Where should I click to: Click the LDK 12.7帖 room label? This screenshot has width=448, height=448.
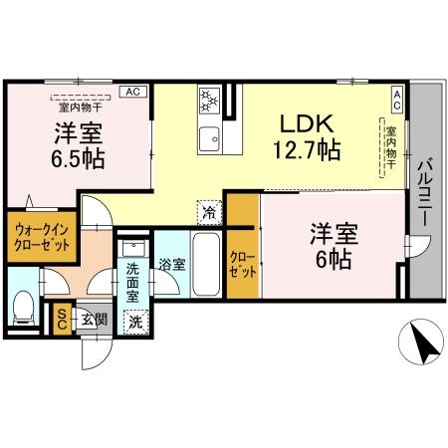click(309, 137)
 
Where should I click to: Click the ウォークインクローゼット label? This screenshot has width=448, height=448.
click(41, 237)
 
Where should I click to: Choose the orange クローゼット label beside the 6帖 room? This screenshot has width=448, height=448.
click(242, 262)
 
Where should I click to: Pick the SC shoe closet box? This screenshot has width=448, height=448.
click(62, 317)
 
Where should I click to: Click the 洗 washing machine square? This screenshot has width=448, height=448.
click(134, 321)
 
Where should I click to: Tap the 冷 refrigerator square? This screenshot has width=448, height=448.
click(209, 210)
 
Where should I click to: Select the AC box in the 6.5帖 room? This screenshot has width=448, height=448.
click(130, 91)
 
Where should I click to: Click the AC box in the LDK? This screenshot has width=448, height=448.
click(396, 97)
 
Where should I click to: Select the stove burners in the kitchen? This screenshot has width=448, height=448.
click(210, 101)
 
